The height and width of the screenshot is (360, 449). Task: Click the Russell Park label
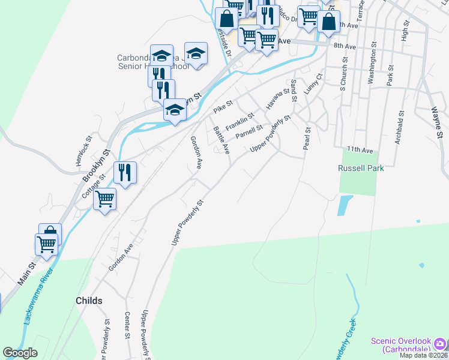point(360,169)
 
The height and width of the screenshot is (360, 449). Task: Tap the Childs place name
point(89,300)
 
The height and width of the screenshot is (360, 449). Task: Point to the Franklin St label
point(240,121)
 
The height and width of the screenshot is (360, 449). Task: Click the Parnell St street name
point(249,131)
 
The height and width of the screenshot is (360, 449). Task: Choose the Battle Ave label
point(221,140)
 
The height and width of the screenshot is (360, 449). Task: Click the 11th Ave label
point(360,149)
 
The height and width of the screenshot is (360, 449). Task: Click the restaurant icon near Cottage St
point(125,173)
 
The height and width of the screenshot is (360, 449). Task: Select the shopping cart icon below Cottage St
point(105,198)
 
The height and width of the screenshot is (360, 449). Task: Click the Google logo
point(20,353)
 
